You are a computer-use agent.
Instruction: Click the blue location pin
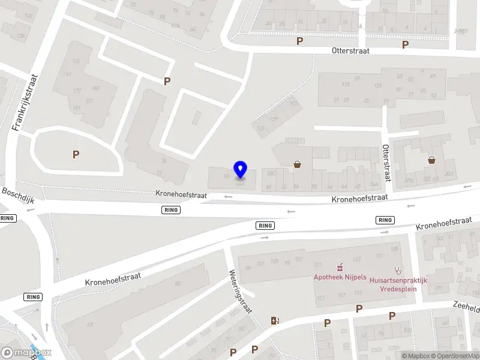[x=240, y=170]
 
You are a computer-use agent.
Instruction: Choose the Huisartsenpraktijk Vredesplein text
[x=398, y=284]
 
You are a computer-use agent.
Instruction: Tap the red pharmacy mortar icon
[x=340, y=266]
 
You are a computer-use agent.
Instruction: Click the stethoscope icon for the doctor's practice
[x=397, y=271]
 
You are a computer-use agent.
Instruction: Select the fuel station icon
[x=275, y=320]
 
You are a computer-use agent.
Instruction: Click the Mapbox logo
[x=26, y=353]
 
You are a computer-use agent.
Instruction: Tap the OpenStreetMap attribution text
[x=454, y=356]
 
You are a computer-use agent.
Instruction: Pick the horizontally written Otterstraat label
[x=350, y=51]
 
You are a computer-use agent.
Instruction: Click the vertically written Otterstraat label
[x=388, y=163]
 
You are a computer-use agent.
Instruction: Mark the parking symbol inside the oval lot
[x=76, y=154]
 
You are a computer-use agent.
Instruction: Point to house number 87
[x=90, y=325]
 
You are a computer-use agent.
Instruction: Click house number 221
[x=90, y=100]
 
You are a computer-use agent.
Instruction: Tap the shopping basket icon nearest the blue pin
[x=297, y=164]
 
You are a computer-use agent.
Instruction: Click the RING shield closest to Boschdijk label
[x=8, y=218]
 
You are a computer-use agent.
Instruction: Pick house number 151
[x=320, y=298]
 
